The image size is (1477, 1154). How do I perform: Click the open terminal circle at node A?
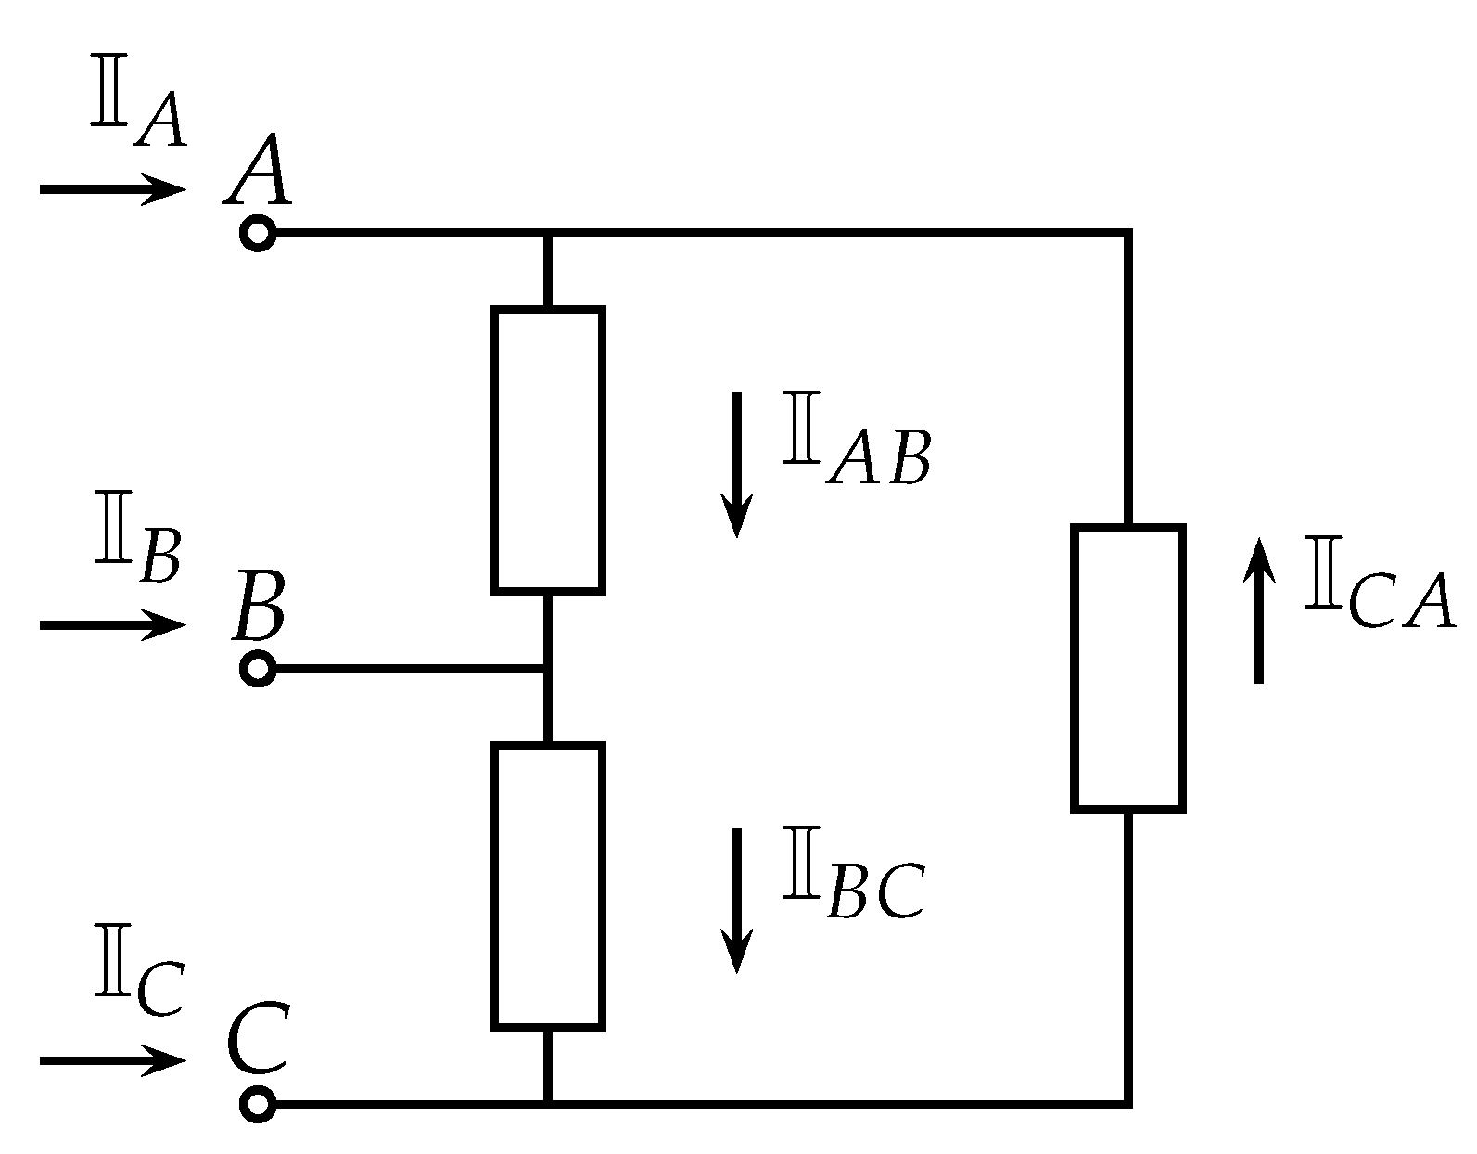coord(258,234)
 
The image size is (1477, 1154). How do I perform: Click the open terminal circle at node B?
coord(258,669)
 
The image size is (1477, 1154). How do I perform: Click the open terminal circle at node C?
coord(258,1104)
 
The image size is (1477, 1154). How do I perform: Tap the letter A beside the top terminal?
coord(258,172)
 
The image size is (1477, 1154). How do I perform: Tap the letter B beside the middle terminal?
coord(258,608)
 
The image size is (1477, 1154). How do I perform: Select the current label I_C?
coord(137,985)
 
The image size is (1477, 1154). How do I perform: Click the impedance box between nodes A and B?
coord(548,450)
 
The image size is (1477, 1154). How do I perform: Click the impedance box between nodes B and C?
coord(548,887)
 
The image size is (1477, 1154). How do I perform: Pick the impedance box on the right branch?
coord(1128,668)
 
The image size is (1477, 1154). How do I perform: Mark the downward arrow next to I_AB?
coord(737,464)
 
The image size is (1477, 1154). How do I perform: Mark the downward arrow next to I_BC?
coord(737,900)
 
